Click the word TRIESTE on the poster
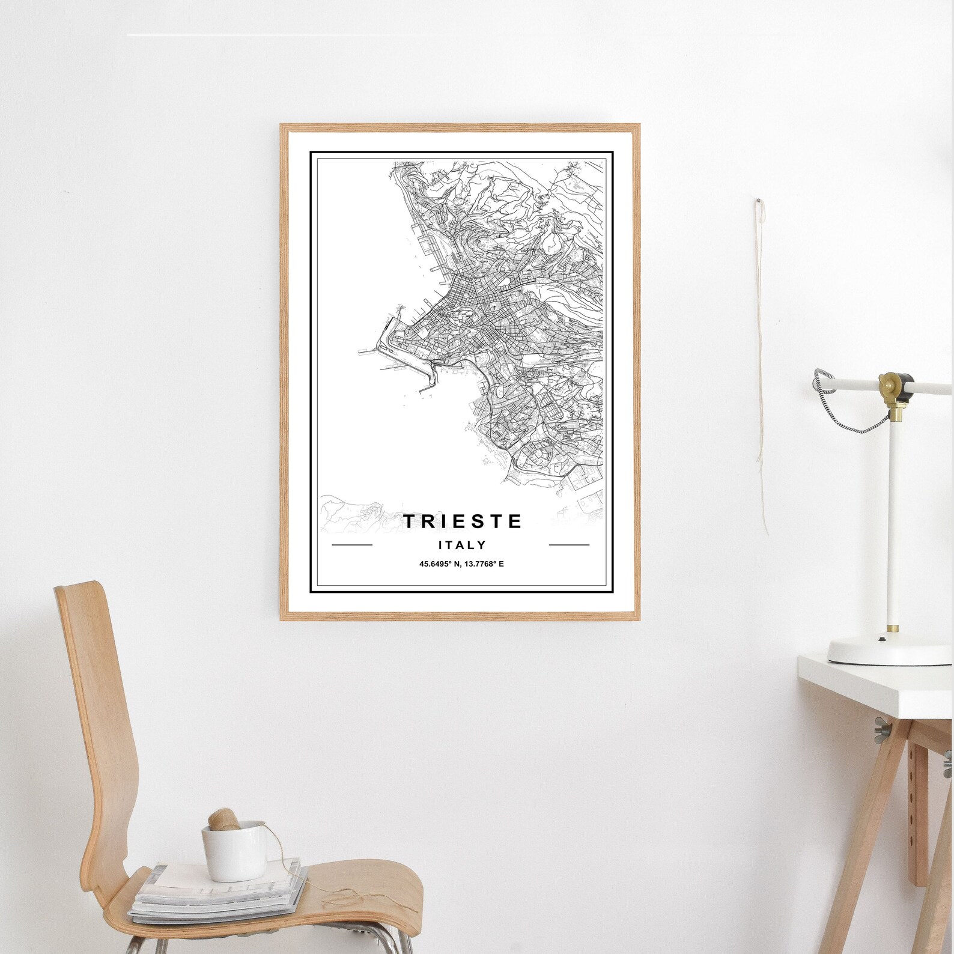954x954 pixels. [462, 521]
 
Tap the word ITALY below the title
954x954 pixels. [462, 545]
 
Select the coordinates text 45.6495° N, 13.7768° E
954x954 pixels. [461, 564]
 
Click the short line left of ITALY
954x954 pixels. [352, 545]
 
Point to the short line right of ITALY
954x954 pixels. [569, 545]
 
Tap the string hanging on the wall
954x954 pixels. [762, 360]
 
